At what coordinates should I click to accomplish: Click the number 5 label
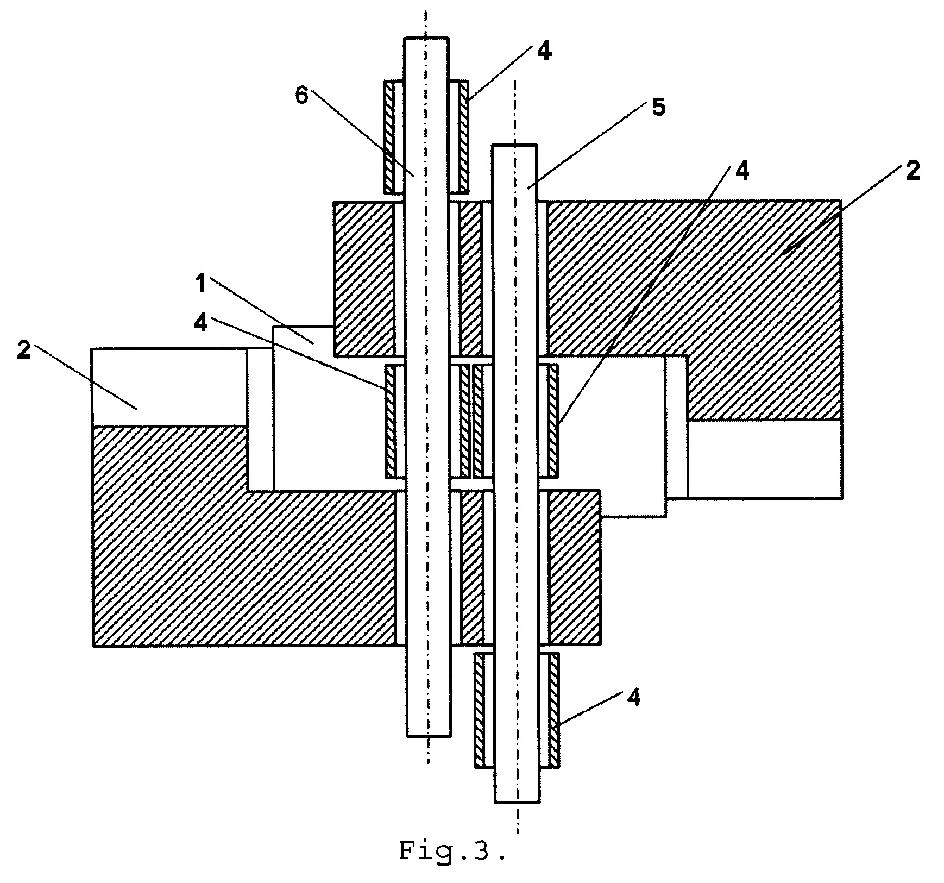[x=658, y=108]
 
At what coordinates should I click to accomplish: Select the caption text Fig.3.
[x=452, y=850]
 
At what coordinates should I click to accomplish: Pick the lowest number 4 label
[x=633, y=697]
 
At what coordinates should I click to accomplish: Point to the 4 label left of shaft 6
[x=201, y=323]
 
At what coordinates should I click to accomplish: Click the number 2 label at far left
[x=23, y=350]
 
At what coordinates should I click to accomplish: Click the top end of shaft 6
[x=426, y=38]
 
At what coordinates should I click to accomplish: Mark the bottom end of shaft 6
[x=429, y=736]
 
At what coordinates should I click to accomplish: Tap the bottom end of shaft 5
[x=517, y=801]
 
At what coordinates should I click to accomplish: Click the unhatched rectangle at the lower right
[x=765, y=459]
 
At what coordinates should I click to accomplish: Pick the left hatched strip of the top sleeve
[x=390, y=137]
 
